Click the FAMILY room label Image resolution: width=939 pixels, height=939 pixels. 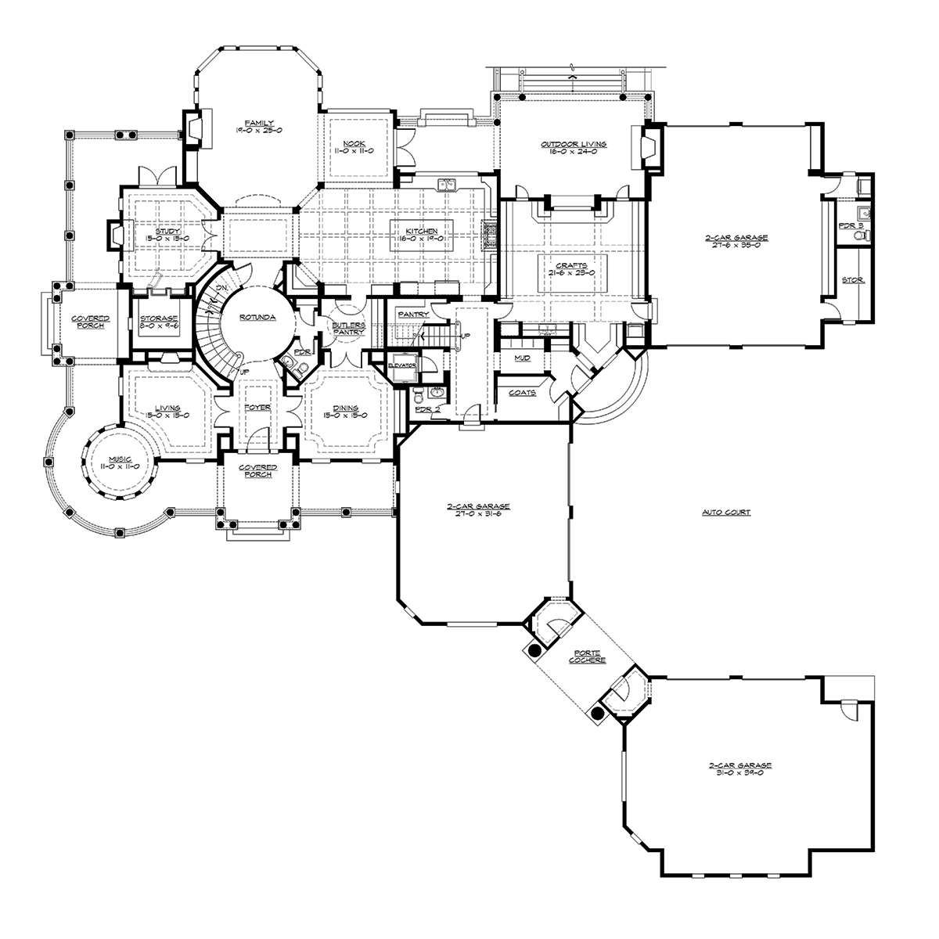[253, 124]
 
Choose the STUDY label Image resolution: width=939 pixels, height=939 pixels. [167, 232]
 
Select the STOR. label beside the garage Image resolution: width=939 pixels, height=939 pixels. [853, 279]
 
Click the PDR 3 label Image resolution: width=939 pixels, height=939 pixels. [851, 225]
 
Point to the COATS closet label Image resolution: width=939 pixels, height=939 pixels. [522, 392]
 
